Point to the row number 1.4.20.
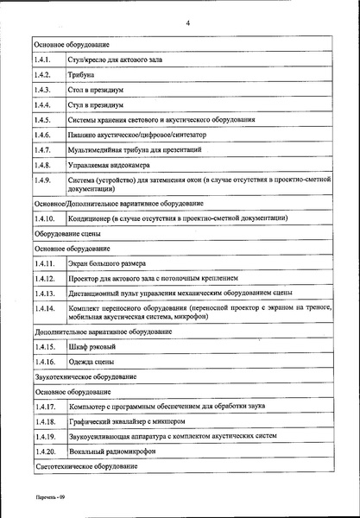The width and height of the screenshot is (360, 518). click(x=46, y=452)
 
